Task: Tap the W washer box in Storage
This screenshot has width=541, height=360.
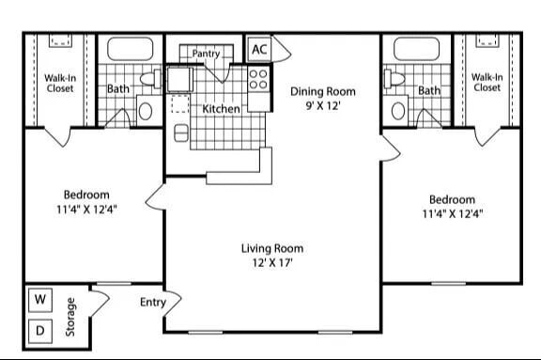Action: tap(39, 300)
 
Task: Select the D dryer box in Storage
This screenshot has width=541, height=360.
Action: tap(39, 330)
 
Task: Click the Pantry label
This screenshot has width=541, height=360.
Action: tap(206, 55)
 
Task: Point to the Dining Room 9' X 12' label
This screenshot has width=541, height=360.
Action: tap(322, 99)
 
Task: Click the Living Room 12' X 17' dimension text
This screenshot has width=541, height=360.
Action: tap(272, 263)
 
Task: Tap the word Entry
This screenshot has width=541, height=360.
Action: tap(153, 302)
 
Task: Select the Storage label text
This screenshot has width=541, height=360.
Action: tap(71, 317)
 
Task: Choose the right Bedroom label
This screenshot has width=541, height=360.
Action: tap(452, 206)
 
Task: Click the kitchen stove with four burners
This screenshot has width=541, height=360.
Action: tap(259, 80)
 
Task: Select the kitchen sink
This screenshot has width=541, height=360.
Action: tap(179, 80)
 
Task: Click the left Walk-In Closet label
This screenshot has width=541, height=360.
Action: tap(58, 83)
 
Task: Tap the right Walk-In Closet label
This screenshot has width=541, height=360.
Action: tap(486, 83)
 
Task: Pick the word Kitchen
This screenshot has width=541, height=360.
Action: tap(221, 109)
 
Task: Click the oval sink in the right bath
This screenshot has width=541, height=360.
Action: tap(398, 111)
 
